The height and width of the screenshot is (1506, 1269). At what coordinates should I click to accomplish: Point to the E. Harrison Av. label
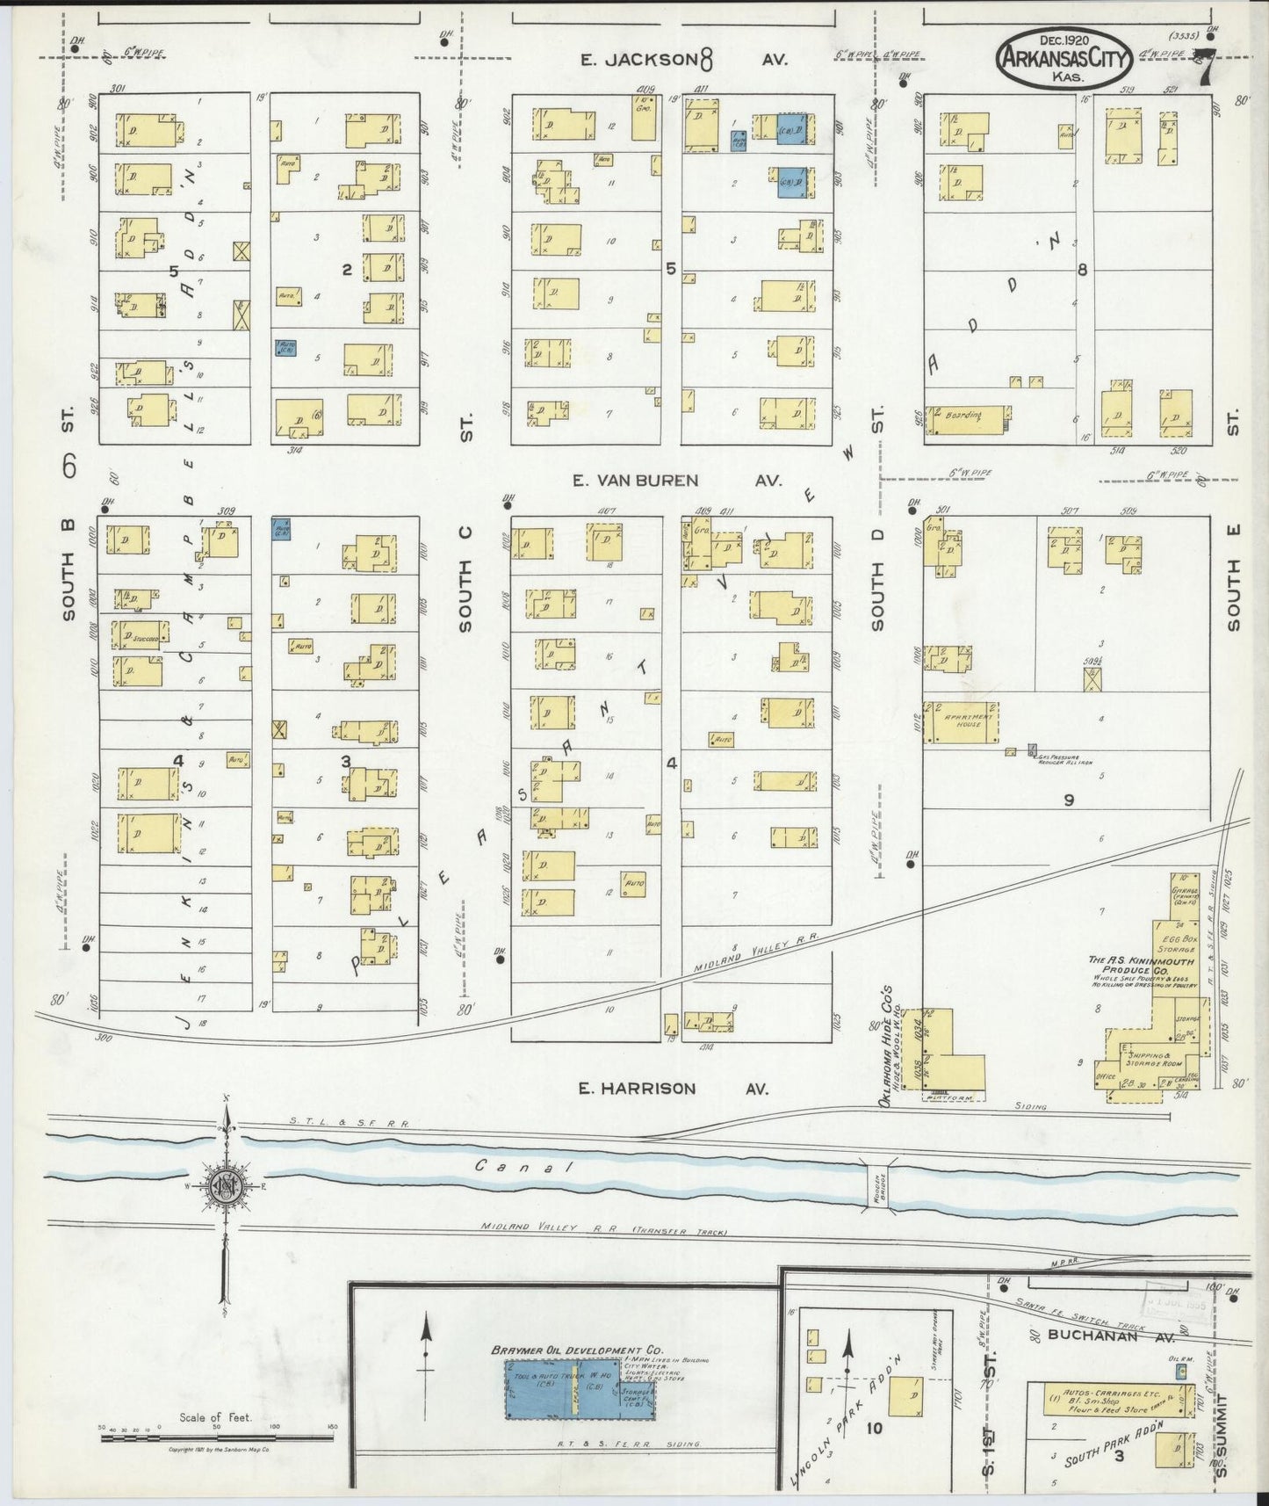672,1088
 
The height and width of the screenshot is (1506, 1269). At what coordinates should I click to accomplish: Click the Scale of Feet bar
215,1438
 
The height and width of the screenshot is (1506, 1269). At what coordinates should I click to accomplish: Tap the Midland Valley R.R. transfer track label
604,1230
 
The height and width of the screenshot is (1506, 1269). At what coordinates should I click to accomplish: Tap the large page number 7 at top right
1207,69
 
